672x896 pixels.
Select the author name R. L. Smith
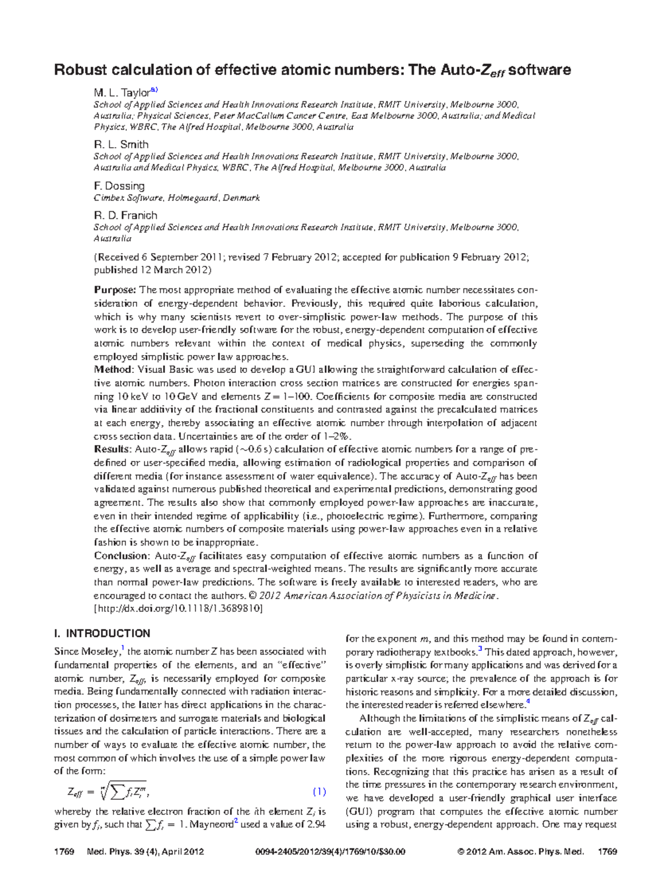coord(121,144)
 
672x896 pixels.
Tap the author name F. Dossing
coord(119,186)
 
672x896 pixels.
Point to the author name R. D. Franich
coord(125,216)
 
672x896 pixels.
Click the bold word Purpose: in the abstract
coord(115,290)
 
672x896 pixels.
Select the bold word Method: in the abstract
coord(114,370)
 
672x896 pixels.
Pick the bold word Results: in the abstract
coord(113,450)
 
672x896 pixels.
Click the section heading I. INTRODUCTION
coord(102,633)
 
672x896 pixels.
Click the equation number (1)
coord(319,792)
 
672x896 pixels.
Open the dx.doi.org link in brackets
coord(178,609)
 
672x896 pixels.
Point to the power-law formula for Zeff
coord(109,792)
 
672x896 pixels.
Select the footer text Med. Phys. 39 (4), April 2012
coord(146,852)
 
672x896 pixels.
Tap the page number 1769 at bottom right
coord(607,852)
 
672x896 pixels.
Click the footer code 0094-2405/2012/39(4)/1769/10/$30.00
coord(330,852)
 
